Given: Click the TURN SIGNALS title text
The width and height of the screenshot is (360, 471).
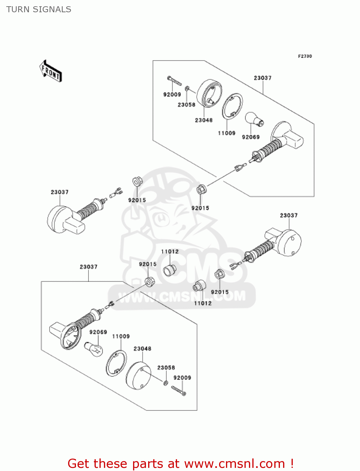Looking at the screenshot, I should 39,9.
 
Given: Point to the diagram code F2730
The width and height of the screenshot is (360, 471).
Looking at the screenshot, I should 305,56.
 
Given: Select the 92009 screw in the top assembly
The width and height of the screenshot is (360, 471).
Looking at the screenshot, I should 175,81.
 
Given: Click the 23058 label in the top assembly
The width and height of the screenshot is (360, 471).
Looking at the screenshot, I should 186,105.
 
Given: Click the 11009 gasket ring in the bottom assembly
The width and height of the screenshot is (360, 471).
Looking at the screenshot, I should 116,363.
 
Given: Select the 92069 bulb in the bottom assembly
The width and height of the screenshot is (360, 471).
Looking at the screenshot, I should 94,349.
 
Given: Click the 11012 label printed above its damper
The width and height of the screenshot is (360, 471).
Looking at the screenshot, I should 170,252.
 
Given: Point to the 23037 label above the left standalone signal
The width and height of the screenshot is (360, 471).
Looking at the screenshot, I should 60,192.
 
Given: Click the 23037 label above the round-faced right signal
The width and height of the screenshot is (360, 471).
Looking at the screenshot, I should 289,215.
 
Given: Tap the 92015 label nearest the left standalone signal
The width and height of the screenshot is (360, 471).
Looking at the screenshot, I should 137,200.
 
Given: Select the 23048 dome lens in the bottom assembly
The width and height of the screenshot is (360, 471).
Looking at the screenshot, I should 138,376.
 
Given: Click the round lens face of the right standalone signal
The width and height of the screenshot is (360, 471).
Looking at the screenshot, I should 289,243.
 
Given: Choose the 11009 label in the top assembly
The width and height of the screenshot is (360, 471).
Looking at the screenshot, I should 227,133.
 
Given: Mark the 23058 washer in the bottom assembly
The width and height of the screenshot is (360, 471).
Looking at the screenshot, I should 165,383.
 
